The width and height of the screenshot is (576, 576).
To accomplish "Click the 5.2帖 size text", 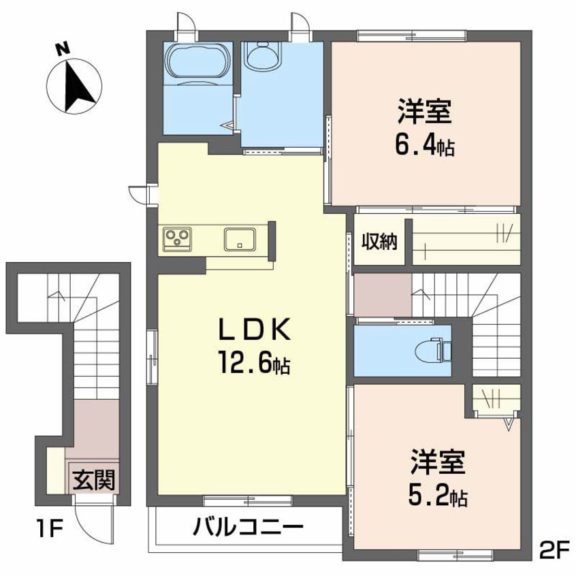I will (437, 496).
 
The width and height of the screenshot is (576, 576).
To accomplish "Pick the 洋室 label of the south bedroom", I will (437, 462).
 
